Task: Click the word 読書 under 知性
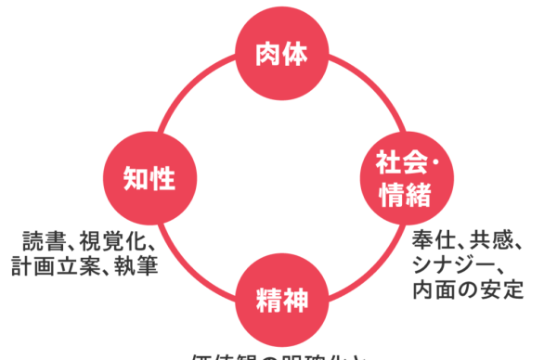click(x=44, y=244)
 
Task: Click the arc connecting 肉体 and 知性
click(x=186, y=92)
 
